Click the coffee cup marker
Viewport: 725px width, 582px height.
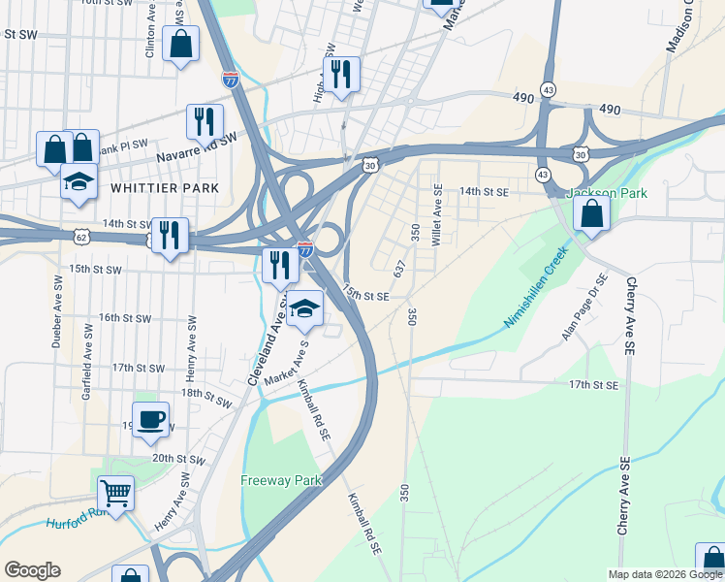point(150,421)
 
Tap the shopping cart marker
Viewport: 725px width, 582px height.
point(115,495)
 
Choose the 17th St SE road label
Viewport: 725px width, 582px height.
point(593,385)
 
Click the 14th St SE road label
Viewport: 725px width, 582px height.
point(484,192)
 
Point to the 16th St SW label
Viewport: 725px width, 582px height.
point(124,317)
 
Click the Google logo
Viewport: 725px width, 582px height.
point(32,570)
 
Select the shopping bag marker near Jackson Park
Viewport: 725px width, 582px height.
point(590,213)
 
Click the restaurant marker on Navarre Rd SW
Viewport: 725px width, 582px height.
point(205,122)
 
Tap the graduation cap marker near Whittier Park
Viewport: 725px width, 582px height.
point(79,182)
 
